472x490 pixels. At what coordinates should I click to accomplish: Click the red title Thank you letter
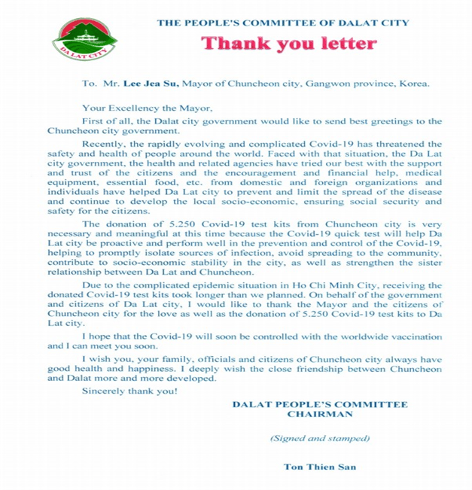pos(288,43)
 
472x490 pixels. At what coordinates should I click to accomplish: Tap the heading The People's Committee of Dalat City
pos(288,23)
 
